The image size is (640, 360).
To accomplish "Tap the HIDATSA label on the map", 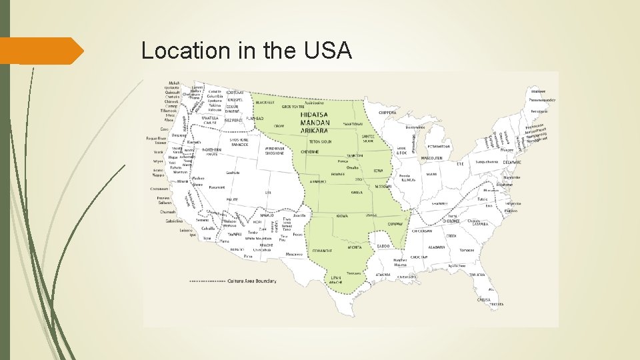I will pyautogui.click(x=314, y=115).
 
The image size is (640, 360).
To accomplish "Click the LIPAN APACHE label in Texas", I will pyautogui.click(x=335, y=279).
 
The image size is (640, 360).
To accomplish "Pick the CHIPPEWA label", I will pyautogui.click(x=387, y=113).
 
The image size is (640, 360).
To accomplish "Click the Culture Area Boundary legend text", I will pyautogui.click(x=251, y=281).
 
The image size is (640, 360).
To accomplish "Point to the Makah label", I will pyautogui.click(x=174, y=83).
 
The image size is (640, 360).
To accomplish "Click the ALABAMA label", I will pyautogui.click(x=437, y=246).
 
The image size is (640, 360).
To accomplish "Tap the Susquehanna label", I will pyautogui.click(x=488, y=161).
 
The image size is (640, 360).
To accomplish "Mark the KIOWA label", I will pyautogui.click(x=342, y=217).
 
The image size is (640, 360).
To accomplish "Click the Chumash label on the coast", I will pyautogui.click(x=167, y=211).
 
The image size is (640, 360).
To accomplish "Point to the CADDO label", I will pyautogui.click(x=383, y=247).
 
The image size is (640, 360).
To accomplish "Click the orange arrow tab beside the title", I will pyautogui.click(x=40, y=51).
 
